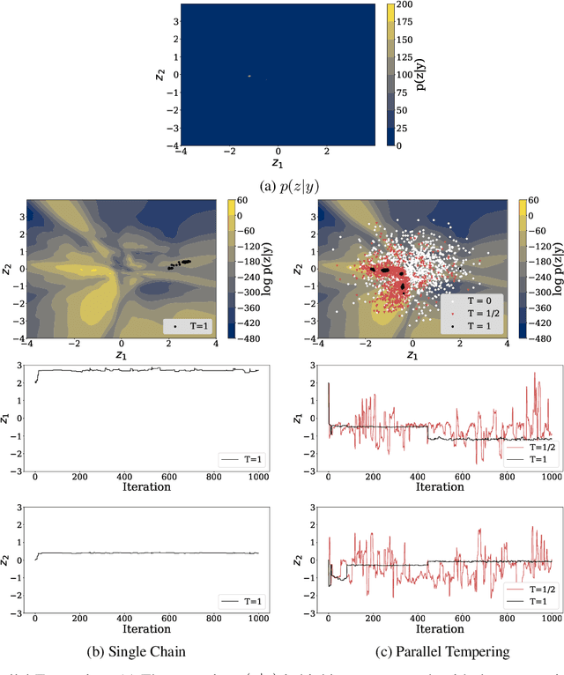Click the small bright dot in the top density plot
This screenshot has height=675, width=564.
tap(249, 76)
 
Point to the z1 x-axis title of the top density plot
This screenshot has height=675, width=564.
tap(278, 164)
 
